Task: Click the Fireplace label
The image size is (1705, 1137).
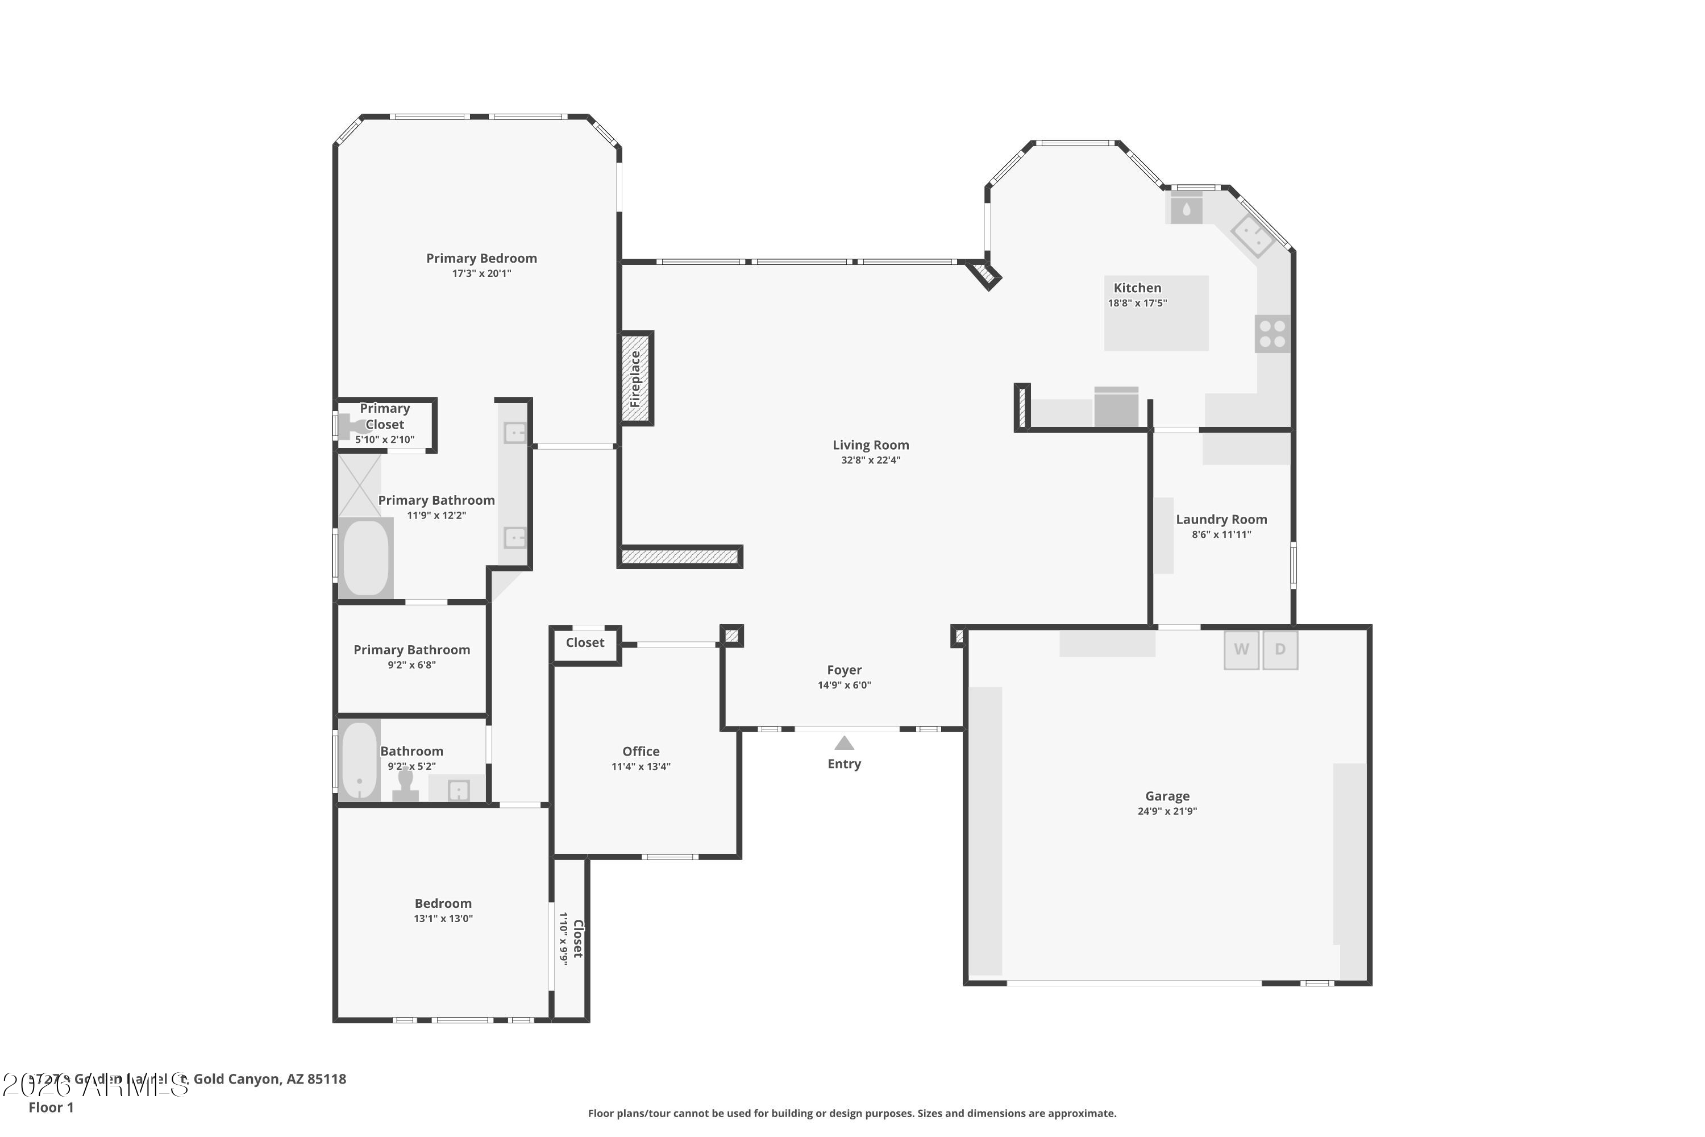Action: pos(636,379)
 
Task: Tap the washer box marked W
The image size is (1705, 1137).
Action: pos(1241,649)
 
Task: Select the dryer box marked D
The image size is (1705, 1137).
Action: pos(1279,649)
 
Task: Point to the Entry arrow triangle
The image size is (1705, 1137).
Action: pos(844,743)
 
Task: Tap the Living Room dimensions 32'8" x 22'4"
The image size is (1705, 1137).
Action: pos(871,460)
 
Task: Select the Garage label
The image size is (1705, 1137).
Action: pos(1167,796)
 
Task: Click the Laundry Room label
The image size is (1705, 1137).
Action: pos(1221,519)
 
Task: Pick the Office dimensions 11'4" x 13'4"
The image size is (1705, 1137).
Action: pos(641,766)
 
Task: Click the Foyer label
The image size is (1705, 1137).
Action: pos(845,670)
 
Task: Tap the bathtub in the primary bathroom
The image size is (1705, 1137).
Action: pos(365,558)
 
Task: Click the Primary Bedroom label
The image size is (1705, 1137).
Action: pos(481,258)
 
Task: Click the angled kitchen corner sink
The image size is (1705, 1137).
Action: pos(1253,236)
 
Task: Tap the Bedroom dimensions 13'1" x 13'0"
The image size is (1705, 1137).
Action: pos(443,919)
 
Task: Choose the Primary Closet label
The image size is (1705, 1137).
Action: pos(385,416)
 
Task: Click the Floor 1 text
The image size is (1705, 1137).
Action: pos(51,1107)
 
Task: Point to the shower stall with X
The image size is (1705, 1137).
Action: pos(360,485)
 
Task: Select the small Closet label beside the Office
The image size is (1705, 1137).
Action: pos(585,642)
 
